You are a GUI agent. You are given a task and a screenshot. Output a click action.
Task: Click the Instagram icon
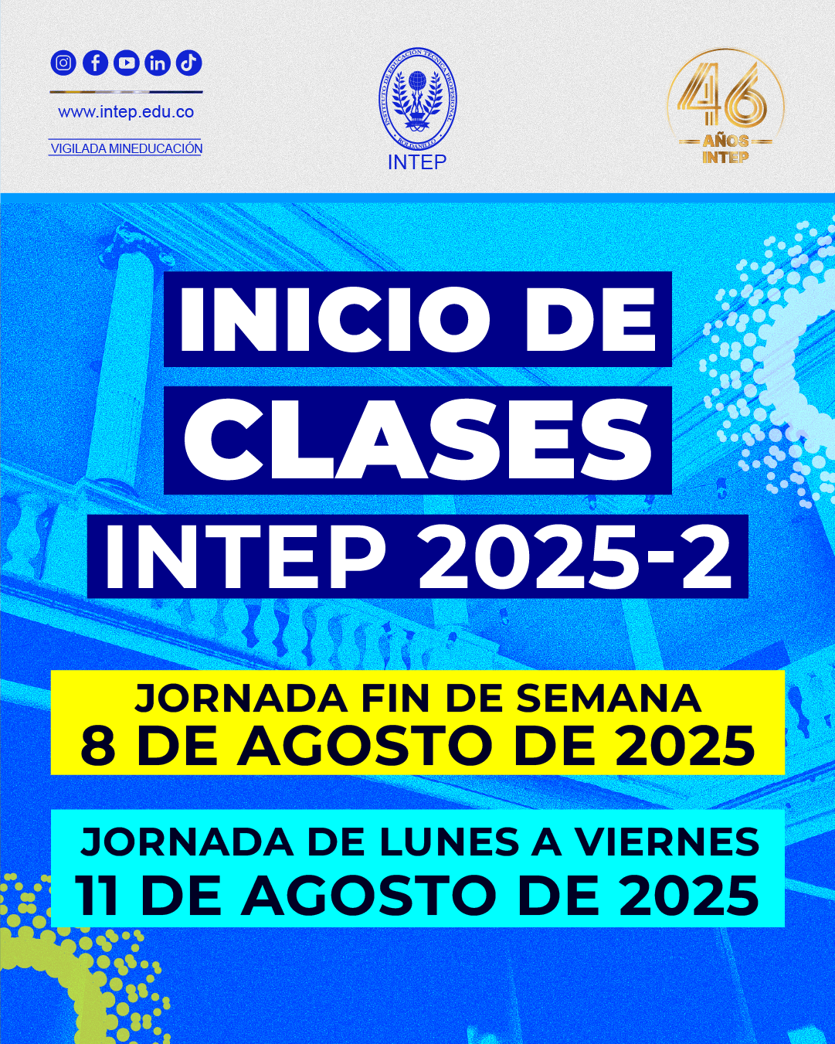point(63,63)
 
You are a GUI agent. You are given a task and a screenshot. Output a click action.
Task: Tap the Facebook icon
point(95,63)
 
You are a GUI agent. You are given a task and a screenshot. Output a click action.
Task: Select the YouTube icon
point(127,63)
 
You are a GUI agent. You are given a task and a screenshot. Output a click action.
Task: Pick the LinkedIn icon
point(158,63)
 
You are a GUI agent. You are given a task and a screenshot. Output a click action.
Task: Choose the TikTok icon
point(188,63)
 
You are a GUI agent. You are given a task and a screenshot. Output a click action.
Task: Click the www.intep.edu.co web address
point(126,112)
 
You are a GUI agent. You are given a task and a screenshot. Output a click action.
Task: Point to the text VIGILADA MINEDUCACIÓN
point(127,148)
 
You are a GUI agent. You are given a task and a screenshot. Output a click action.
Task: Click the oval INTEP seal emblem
point(417,99)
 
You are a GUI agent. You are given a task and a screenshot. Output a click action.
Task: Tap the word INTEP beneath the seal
point(417,162)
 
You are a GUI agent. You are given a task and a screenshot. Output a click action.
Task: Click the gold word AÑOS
point(725,141)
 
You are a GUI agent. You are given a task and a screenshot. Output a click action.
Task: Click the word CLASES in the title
point(417,440)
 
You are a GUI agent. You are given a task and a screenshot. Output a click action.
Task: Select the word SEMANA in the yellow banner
point(609,699)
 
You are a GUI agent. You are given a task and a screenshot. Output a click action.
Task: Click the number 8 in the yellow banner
point(98,746)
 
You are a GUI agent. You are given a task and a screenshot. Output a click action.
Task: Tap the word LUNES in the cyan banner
point(450,842)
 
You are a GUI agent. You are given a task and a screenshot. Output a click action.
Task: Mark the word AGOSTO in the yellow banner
point(365,746)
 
